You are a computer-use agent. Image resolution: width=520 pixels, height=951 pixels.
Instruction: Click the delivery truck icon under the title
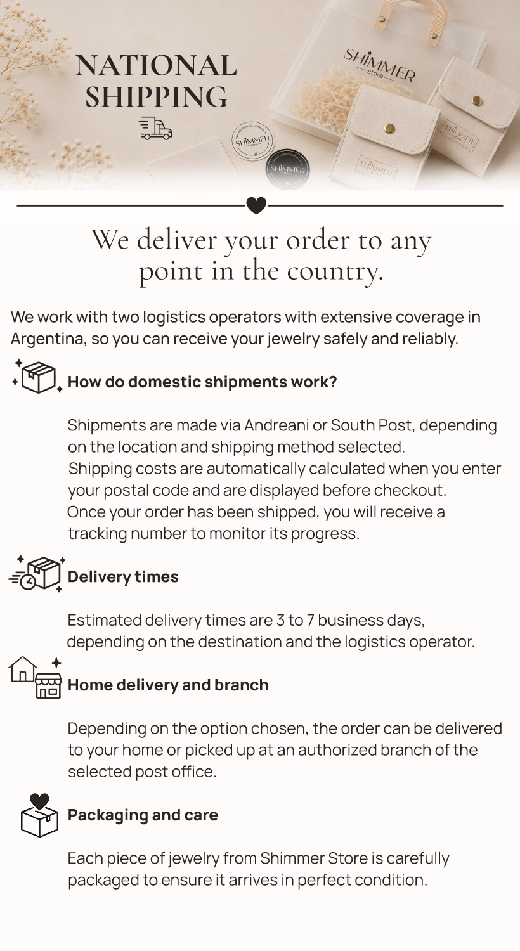156,129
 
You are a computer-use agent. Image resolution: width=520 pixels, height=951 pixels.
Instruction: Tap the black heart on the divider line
256,205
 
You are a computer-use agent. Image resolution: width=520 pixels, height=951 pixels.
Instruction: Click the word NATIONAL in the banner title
156,66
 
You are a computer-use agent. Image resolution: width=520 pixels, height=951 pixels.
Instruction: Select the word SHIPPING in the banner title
156,96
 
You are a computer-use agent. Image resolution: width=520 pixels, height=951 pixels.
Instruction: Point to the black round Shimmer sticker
287,169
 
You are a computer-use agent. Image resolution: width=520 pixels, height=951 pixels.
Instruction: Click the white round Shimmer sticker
253,141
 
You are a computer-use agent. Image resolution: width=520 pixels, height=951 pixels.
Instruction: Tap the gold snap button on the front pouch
388,128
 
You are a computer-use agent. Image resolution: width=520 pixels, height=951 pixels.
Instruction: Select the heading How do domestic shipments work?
202,382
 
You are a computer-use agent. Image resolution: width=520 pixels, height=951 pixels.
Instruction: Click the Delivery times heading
123,576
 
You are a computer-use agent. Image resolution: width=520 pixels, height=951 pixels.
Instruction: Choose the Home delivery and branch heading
168,685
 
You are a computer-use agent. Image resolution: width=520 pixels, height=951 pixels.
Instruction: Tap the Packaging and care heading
143,815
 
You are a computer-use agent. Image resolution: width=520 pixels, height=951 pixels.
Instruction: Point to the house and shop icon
36,678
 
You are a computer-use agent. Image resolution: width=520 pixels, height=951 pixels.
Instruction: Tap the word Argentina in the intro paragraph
48,339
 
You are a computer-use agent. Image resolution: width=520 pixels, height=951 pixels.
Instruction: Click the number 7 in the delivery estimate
310,620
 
